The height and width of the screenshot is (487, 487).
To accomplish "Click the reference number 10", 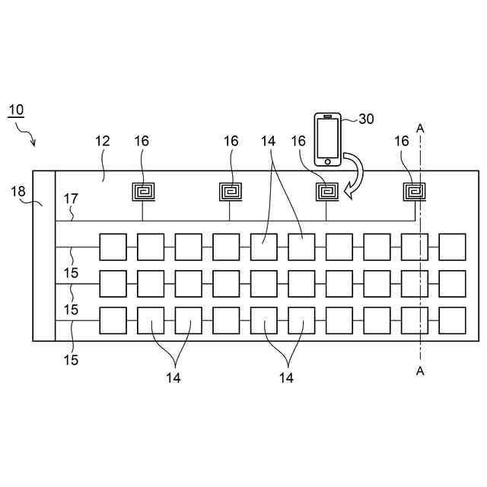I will (15, 110).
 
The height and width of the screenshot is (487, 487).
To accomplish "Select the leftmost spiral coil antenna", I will (142, 190).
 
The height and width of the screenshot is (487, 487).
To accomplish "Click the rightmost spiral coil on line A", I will (413, 190).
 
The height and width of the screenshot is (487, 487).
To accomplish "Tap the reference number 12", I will (103, 141).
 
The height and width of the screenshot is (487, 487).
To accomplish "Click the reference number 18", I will (18, 191).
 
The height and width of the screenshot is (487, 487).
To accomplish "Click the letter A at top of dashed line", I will (420, 129).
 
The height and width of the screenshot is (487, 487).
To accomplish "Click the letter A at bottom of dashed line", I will (420, 371).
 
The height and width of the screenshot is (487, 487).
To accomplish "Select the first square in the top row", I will (113, 247).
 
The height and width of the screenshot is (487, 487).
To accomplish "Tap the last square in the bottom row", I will (452, 320).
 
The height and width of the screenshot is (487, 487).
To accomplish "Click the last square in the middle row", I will (452, 283).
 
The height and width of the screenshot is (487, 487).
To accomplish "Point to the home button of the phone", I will (328, 161).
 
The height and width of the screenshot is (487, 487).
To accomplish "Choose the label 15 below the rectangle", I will (71, 360).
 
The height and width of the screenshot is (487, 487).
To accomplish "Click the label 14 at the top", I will (267, 141).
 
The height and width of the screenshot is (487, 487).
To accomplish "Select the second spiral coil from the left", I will (231, 190).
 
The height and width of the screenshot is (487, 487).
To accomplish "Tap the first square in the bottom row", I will (113, 320).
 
